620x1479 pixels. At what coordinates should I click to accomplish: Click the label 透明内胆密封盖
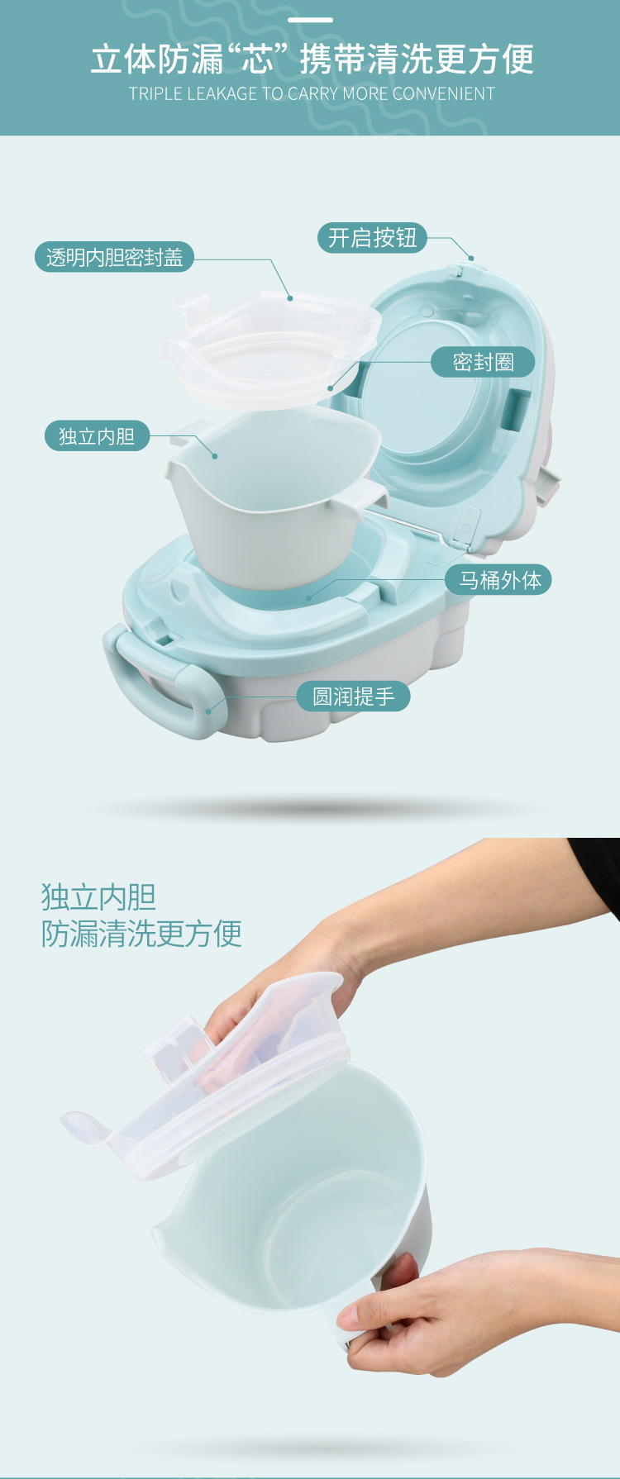(114, 257)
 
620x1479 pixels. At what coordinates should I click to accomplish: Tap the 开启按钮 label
(372, 238)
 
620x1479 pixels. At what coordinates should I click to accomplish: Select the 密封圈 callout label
(483, 362)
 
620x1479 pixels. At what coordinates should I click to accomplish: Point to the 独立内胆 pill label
(97, 435)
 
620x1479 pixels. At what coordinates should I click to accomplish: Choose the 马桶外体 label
(498, 579)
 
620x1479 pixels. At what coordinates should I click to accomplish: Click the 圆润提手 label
(353, 697)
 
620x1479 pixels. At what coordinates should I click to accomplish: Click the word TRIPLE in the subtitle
(155, 94)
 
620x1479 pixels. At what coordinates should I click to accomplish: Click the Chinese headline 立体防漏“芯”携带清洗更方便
(312, 59)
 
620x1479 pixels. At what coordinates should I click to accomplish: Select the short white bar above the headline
(310, 20)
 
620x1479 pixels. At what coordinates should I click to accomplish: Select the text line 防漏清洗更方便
(141, 934)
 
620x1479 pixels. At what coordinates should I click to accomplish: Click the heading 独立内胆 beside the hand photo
(98, 896)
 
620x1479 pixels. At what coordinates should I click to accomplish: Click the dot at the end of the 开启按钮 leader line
(471, 259)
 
